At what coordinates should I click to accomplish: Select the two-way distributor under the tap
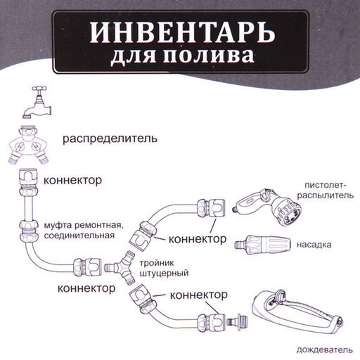point(31,143)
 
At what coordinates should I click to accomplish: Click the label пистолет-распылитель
point(324,190)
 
